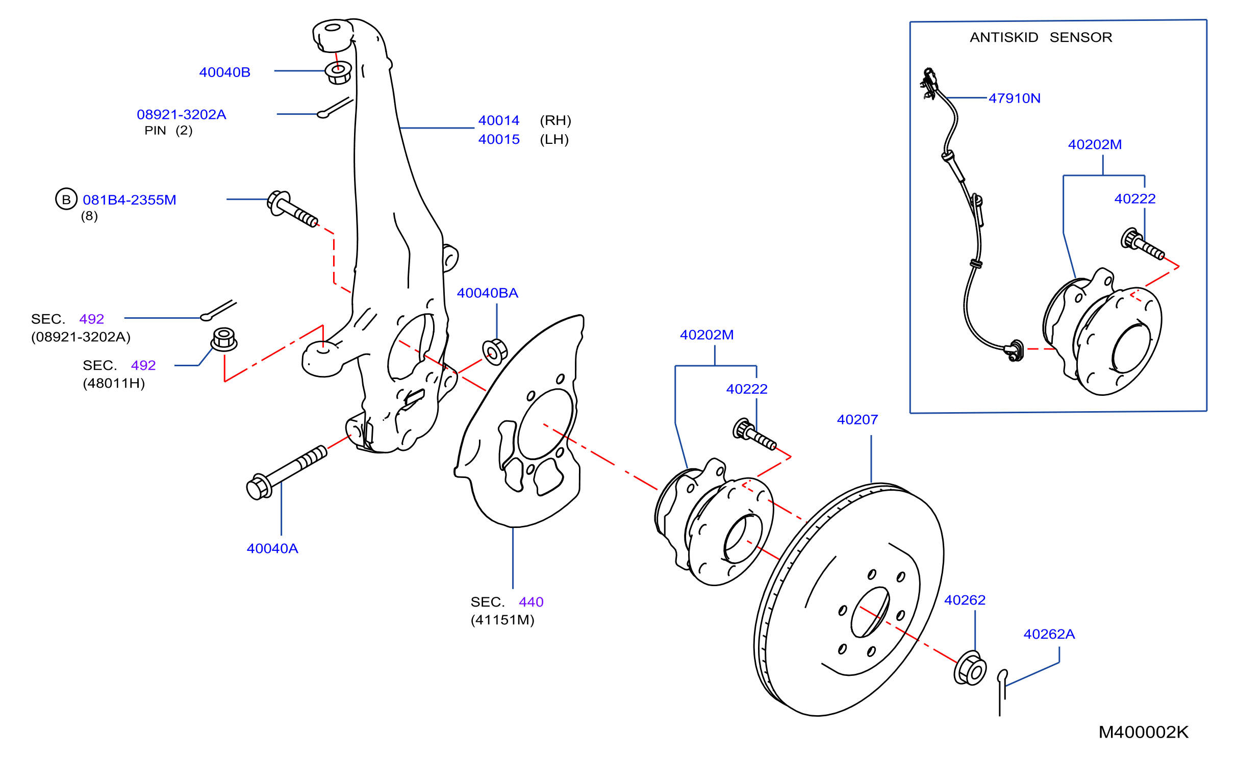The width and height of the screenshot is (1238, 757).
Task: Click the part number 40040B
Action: (224, 72)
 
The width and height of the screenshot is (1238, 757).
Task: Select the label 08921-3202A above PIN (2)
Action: (181, 114)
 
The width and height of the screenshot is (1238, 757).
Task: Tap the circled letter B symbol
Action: (66, 199)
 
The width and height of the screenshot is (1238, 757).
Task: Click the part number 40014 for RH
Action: (499, 120)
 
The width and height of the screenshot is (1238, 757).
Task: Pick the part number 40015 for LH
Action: (499, 139)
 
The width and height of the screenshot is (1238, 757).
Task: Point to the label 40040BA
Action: (487, 293)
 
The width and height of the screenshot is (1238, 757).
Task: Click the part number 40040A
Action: (272, 548)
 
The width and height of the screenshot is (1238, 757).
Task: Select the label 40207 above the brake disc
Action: (857, 419)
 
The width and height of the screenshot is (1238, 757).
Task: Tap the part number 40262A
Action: (1049, 634)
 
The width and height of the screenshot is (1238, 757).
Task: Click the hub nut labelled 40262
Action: (970, 668)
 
